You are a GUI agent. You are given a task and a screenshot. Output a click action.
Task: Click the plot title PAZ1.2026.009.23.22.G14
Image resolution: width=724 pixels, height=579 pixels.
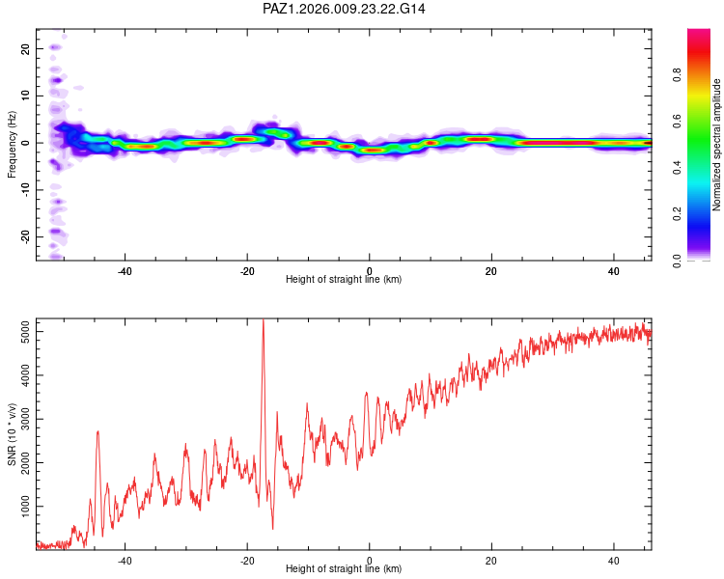pos(344,9)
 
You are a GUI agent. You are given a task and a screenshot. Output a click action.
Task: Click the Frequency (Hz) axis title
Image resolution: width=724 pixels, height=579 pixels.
pos(13,144)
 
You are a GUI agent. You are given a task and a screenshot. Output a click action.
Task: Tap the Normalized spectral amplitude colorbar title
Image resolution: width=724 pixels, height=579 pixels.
pos(716,145)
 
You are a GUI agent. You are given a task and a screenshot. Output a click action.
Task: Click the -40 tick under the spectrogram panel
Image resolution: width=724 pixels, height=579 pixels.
pos(125,270)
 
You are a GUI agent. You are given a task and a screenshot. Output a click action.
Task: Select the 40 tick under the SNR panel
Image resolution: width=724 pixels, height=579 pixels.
pos(614,560)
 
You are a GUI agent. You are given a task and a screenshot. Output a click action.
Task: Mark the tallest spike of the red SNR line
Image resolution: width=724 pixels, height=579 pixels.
pos(263,320)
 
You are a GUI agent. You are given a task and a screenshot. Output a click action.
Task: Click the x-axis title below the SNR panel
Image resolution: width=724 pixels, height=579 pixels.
pos(344,570)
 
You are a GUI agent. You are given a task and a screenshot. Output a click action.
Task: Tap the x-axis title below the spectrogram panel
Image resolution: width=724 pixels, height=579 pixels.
pos(344,280)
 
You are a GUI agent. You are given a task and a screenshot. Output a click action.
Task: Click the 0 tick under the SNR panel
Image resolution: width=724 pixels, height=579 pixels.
pos(370,560)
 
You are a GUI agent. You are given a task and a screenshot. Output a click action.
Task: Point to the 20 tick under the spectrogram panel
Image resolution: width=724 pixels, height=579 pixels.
pos(491,270)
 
